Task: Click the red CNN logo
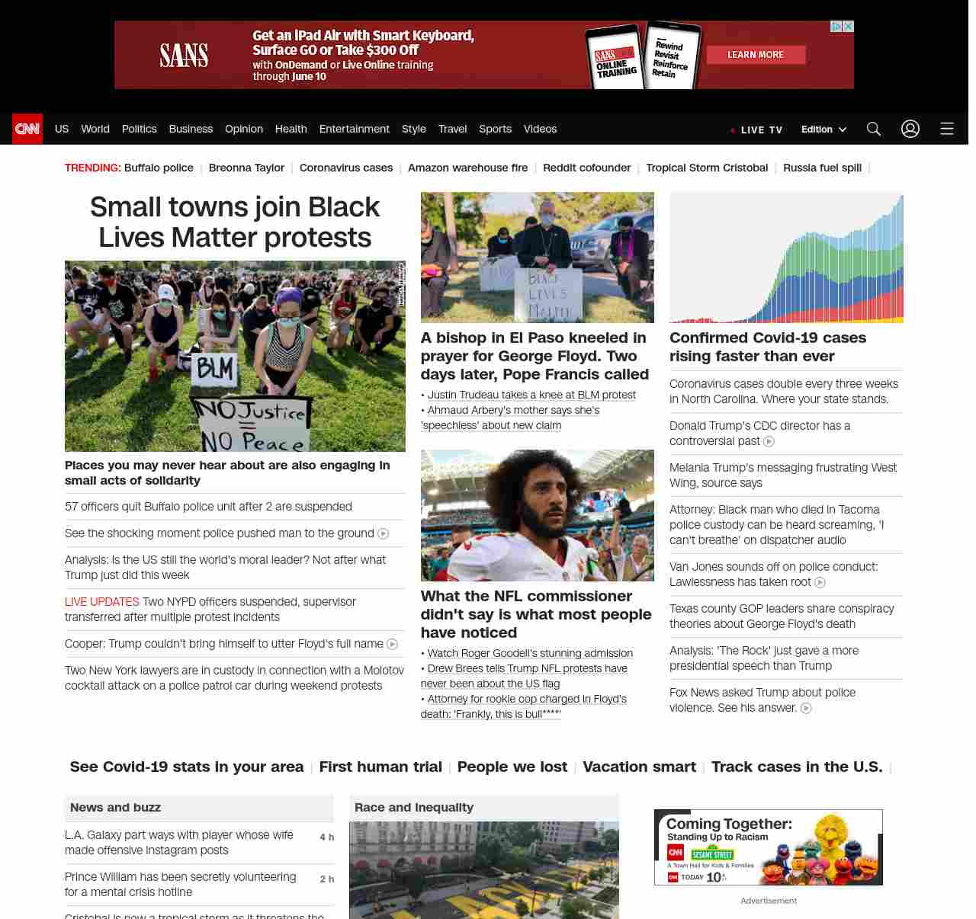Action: [27, 129]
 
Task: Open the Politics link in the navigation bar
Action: [139, 129]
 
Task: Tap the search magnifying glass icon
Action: [874, 129]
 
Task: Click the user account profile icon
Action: [910, 129]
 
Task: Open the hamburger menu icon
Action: [947, 129]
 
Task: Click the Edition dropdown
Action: [823, 130]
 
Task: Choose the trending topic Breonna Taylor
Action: [246, 168]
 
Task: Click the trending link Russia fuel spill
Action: [822, 168]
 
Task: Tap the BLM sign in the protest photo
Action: [216, 370]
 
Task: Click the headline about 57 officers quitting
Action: [208, 507]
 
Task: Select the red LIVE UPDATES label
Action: [102, 602]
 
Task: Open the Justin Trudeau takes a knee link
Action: [531, 395]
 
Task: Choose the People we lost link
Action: [512, 767]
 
